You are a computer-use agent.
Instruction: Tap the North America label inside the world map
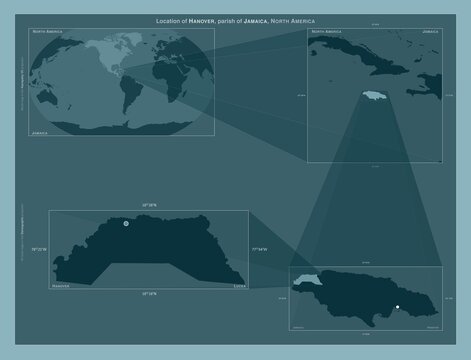[x=51, y=32]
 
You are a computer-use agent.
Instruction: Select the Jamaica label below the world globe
[x=42, y=131]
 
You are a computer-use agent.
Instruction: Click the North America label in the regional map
[x=333, y=32]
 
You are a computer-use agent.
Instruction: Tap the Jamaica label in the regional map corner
[x=431, y=32]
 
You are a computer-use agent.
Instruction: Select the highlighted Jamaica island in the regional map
[x=375, y=96]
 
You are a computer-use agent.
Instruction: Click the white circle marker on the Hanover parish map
[x=126, y=225]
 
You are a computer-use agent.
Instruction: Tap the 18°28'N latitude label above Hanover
[x=149, y=204]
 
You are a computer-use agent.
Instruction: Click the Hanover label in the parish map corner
[x=63, y=285]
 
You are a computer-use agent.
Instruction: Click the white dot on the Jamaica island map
[x=397, y=306]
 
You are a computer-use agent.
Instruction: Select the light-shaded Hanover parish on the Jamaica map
[x=304, y=281]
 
